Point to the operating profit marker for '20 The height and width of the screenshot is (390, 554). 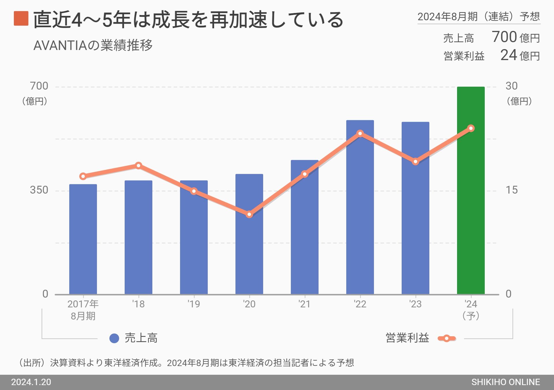(250, 214)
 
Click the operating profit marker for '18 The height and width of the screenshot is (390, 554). (138, 166)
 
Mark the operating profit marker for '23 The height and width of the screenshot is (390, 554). (415, 161)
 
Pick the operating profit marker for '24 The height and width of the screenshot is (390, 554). (471, 128)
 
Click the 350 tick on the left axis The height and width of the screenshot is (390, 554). (39, 190)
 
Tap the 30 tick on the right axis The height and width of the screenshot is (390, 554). (512, 86)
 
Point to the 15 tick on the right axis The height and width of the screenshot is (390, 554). (512, 190)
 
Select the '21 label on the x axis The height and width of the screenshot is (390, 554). (304, 304)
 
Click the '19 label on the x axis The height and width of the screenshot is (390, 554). (194, 304)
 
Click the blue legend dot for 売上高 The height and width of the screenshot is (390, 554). (114, 338)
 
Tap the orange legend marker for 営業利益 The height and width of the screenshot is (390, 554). (447, 338)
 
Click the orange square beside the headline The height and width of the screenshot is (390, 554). (21, 18)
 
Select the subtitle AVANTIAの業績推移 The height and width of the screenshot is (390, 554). (93, 45)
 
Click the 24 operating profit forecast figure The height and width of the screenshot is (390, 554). (509, 55)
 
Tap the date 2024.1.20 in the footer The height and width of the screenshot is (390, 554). (31, 382)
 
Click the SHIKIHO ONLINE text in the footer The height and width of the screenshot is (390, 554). (506, 382)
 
